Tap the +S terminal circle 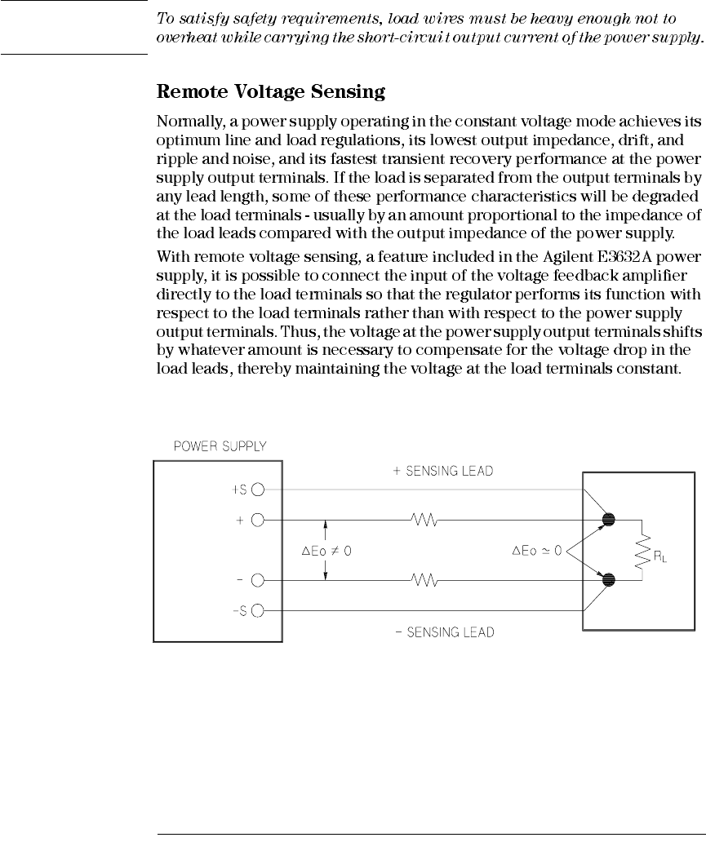(x=258, y=490)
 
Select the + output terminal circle (x=258, y=519)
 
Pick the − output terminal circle (x=258, y=581)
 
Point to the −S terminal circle (x=258, y=610)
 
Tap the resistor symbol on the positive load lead (x=424, y=519)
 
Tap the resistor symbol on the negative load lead (x=424, y=581)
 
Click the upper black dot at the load (x=608, y=519)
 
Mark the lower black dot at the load (x=608, y=581)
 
